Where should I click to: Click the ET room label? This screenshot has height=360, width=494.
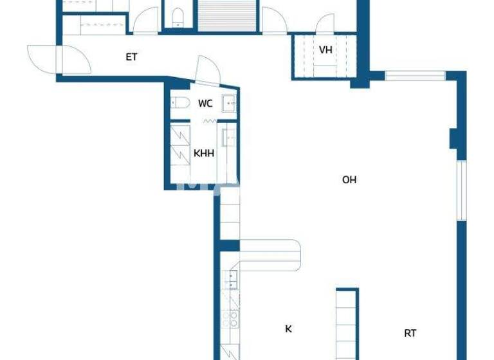pos(131,57)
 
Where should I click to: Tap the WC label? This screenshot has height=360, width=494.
pos(205,104)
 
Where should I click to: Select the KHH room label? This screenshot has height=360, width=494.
pos(204,154)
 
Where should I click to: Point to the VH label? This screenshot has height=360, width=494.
pos(325,50)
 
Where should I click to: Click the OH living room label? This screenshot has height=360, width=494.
pos(349,180)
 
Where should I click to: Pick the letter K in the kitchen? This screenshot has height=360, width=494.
pos(288,329)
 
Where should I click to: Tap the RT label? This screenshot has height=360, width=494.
pos(410,333)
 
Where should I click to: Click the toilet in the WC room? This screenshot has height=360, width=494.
pos(179,102)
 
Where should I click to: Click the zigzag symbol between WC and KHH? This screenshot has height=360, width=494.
pos(209,121)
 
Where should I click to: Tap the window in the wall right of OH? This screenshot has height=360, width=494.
pos(461,190)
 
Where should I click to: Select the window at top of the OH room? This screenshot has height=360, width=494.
pos(415,76)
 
